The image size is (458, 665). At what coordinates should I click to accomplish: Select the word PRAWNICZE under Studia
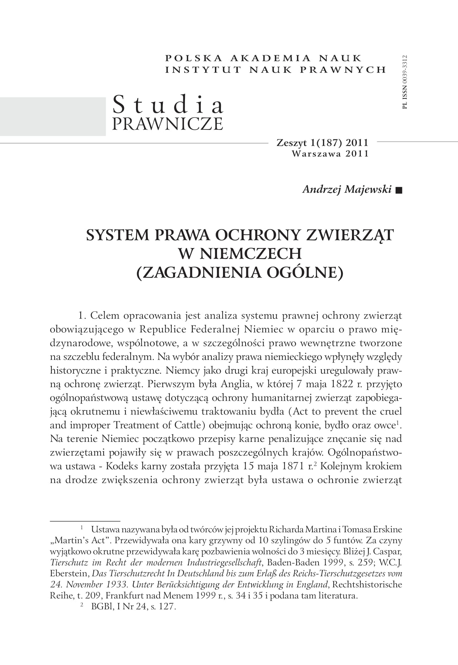(167, 123)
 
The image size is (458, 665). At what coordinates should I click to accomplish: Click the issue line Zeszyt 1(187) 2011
(322, 143)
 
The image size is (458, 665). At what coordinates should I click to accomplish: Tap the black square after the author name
(399, 190)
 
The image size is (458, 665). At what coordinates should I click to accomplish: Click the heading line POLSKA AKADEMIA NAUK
(263, 58)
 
